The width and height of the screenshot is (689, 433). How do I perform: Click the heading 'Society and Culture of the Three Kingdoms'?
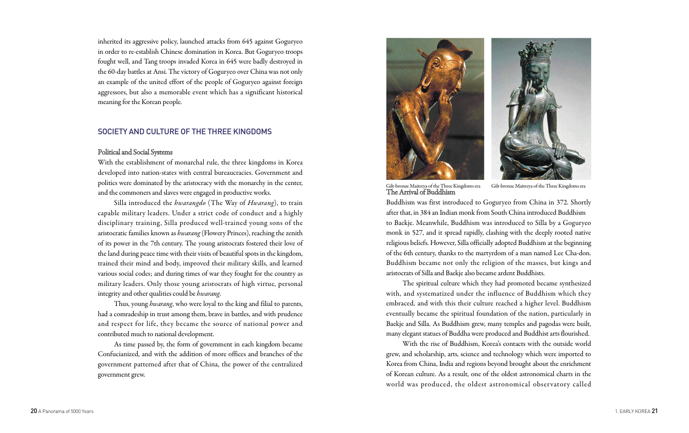(x=184, y=132)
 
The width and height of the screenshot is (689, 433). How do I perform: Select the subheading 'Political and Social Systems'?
(x=135, y=152)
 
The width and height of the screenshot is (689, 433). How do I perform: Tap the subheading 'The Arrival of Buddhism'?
(x=420, y=192)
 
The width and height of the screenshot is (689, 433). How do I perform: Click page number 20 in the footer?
(x=34, y=411)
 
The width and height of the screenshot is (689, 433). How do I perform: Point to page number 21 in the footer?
(x=654, y=411)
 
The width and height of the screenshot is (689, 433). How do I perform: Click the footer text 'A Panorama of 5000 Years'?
(x=66, y=411)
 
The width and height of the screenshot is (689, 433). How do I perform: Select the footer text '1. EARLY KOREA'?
(x=632, y=411)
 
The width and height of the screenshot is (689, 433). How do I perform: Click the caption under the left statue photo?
(x=433, y=186)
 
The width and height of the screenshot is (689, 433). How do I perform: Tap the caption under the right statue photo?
(x=538, y=186)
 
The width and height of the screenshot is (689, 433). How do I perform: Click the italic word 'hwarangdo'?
(x=190, y=203)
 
